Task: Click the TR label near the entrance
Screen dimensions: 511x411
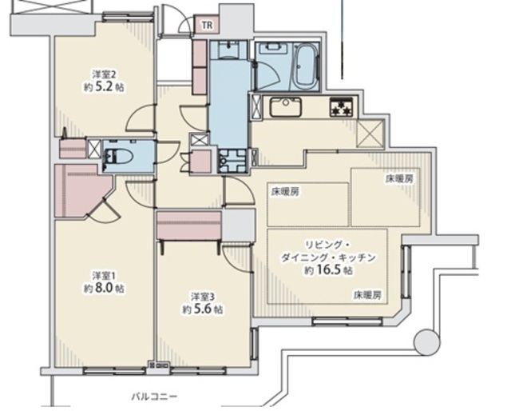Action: pos(208,25)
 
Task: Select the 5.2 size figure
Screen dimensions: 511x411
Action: pos(104,87)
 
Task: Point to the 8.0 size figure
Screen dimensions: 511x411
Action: pos(104,289)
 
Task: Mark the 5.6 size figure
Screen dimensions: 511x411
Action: pos(203,309)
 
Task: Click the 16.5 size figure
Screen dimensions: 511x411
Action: pos(328,270)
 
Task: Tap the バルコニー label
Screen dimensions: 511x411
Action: pos(154,397)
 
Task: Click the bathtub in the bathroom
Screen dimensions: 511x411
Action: pos(306,66)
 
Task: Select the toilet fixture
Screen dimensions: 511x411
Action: pos(118,156)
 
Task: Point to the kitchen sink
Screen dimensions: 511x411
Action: pos(286,106)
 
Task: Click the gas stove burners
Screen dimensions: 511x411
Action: pos(341,107)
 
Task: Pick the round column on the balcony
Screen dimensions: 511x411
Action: pos(426,341)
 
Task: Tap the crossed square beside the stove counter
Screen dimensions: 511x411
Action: pos(370,134)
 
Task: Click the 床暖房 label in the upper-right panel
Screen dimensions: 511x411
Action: pos(399,178)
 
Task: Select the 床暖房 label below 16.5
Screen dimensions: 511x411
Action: pos(367,295)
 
